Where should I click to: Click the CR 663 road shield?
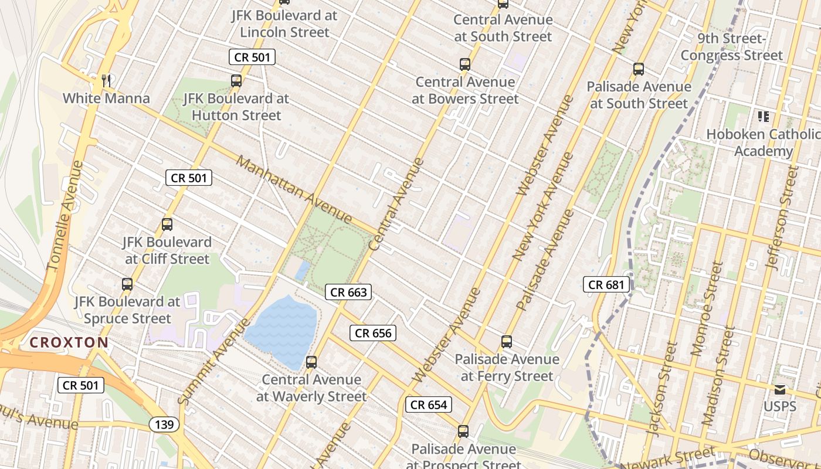(348, 292)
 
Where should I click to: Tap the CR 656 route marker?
(373, 333)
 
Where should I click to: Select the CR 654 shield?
(429, 405)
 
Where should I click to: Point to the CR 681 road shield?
(607, 285)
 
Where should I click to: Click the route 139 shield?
(164, 424)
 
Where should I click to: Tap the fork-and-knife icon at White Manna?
(106, 81)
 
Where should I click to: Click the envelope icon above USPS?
(779, 390)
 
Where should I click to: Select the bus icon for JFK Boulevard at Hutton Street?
(236, 81)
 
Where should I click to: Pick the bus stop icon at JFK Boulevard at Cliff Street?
(167, 225)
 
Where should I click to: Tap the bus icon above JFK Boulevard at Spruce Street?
(127, 284)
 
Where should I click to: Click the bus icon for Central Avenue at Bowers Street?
(465, 64)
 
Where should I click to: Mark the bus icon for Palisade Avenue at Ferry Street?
(507, 341)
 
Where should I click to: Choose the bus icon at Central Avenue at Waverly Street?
(311, 362)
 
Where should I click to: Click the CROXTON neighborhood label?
(69, 342)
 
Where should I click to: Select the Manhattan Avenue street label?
(293, 189)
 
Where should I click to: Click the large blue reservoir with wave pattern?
(283, 329)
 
